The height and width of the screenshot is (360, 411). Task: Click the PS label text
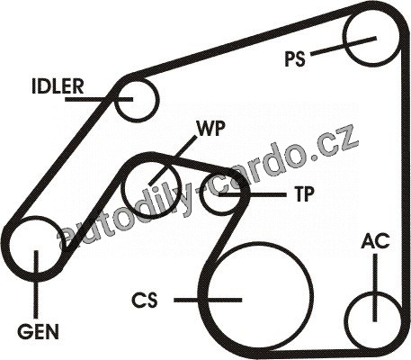click(295, 58)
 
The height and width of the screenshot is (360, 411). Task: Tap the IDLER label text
click(58, 85)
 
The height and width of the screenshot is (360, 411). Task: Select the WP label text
click(210, 129)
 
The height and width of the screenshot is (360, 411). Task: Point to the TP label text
click(305, 193)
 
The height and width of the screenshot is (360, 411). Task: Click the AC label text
click(375, 241)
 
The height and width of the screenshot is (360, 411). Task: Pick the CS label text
click(145, 300)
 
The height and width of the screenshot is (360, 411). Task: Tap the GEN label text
click(38, 331)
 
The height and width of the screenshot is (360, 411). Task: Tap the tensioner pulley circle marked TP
click(202, 194)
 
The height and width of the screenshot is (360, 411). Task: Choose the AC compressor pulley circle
click(345, 322)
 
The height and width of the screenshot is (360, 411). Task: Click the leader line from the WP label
click(174, 159)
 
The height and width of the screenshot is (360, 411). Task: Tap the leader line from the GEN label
click(36, 283)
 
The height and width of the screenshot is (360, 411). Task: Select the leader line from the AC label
click(375, 287)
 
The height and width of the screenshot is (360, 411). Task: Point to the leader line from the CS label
click(208, 300)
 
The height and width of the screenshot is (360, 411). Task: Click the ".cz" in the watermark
click(335, 146)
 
